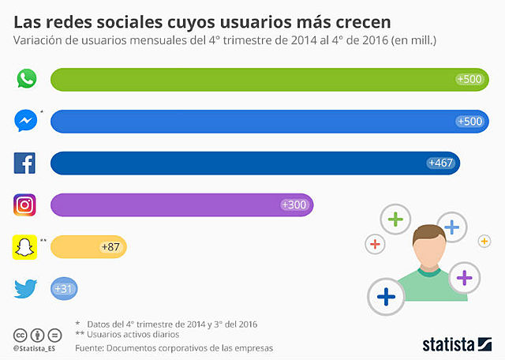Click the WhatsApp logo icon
(26, 79)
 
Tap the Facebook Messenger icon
(26, 121)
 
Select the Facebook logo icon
(26, 163)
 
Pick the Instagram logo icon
(26, 205)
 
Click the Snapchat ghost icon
(26, 247)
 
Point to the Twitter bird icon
(26, 289)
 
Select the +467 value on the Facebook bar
(440, 163)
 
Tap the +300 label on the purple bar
(294, 205)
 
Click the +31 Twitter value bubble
(64, 289)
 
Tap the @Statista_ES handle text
(39, 347)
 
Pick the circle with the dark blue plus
(386, 296)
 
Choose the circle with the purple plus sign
(465, 277)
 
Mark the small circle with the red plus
(376, 244)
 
